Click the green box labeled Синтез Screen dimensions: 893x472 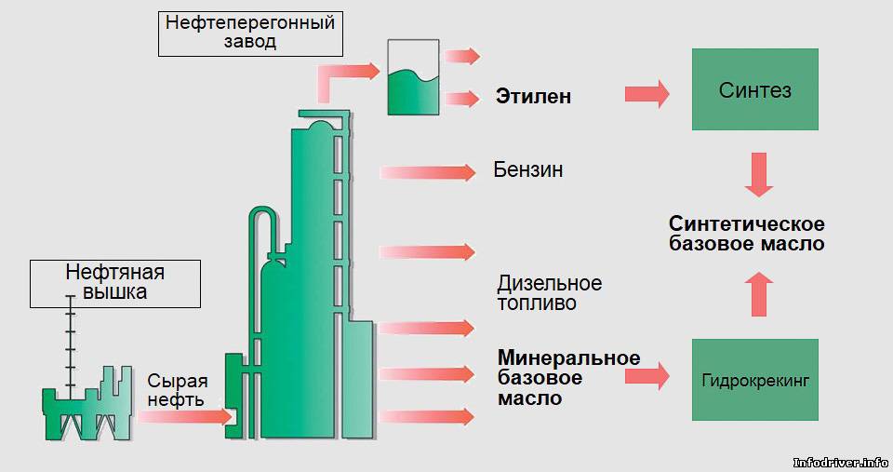pos(755,89)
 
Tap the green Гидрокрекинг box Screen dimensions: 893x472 pos(755,380)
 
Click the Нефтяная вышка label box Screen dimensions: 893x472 pos(115,283)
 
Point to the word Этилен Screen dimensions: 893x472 pos(533,96)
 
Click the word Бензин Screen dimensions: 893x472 pos(528,169)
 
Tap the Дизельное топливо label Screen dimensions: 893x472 pos(549,292)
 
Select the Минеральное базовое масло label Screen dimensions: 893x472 pos(568,377)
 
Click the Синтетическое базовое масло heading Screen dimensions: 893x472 pos(747,233)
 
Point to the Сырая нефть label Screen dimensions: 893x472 pos(177,390)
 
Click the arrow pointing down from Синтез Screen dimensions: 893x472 pos(759,174)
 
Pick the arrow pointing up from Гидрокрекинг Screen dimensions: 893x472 pos(759,294)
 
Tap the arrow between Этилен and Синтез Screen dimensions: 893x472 pos(647,93)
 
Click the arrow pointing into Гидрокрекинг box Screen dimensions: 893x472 pos(647,376)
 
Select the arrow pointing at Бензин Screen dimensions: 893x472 pos(427,172)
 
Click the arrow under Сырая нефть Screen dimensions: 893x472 pos(185,417)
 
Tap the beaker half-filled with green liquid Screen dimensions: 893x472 pos(413,77)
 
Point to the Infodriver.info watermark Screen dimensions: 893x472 pos(841,463)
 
